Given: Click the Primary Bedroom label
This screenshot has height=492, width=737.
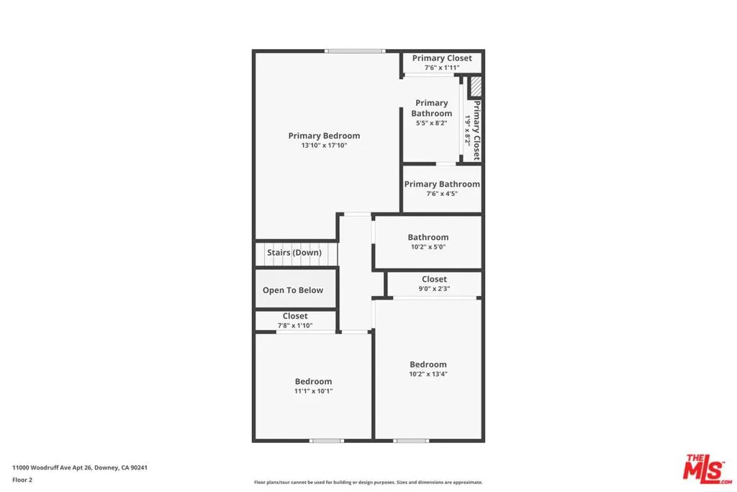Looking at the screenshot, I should [x=324, y=135].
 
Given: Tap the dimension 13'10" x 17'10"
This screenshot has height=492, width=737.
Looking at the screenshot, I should [x=324, y=146].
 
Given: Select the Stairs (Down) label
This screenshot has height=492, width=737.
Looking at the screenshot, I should [x=294, y=253].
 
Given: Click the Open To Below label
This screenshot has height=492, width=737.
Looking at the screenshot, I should [x=293, y=290].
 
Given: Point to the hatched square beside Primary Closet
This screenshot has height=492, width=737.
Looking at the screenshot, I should [x=476, y=87].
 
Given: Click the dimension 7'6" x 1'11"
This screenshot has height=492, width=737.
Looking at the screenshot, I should [x=442, y=68].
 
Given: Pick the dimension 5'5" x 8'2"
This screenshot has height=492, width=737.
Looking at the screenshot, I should [x=432, y=123].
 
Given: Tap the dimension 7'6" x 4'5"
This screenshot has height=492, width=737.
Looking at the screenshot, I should [x=442, y=194].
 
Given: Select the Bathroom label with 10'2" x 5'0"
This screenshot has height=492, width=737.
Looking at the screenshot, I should [x=428, y=237].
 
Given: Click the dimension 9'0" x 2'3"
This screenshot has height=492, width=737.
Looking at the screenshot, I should [x=434, y=289].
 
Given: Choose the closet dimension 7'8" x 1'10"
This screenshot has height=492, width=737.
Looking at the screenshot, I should [x=295, y=326].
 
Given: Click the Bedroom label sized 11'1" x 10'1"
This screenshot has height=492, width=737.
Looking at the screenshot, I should [x=313, y=382].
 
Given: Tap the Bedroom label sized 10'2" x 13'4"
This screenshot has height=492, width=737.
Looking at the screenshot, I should [x=428, y=364].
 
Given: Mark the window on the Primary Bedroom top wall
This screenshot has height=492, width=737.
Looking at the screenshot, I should [x=354, y=50].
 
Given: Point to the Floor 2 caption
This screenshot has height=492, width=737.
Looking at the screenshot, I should [x=22, y=478].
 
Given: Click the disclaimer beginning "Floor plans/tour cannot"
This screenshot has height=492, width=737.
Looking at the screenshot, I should [x=368, y=483].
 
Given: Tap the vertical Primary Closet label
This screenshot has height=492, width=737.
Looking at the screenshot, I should [x=476, y=130].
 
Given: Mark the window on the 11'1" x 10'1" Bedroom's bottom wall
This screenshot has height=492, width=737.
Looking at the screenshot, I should [x=327, y=440].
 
